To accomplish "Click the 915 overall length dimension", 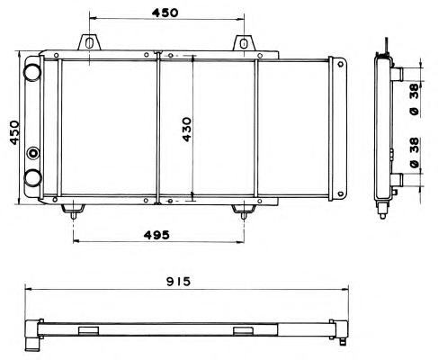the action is pyautogui.click(x=179, y=282).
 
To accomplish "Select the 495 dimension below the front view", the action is pyautogui.click(x=156, y=235).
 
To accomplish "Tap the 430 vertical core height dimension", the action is pyautogui.click(x=186, y=130).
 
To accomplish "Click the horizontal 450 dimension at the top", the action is pyautogui.click(x=165, y=13).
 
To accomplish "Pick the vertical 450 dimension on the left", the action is pyautogui.click(x=14, y=132).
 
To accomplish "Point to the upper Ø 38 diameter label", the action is pyautogui.click(x=415, y=100).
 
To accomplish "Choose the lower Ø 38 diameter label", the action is pyautogui.click(x=415, y=152).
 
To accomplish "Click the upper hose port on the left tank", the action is pyautogui.click(x=32, y=72).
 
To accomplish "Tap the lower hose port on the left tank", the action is pyautogui.click(x=32, y=178).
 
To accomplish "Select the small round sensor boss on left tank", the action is pyautogui.click(x=33, y=153).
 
